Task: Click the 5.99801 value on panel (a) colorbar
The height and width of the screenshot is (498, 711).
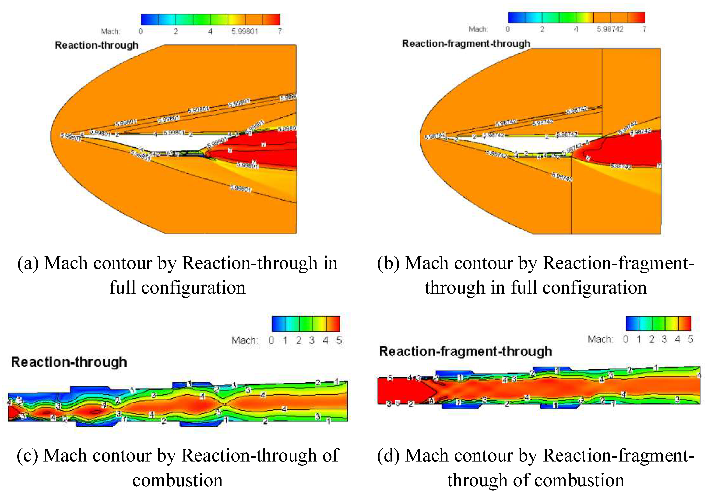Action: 245,31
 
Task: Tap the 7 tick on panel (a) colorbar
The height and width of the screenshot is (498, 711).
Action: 280,31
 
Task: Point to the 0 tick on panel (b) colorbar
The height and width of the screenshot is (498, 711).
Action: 507,29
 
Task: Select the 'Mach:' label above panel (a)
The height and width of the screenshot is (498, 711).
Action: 110,31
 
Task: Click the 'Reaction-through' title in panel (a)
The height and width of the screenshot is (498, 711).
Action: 97,45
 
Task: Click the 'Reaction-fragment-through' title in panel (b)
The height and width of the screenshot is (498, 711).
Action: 466,44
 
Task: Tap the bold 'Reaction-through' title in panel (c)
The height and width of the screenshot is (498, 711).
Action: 69,362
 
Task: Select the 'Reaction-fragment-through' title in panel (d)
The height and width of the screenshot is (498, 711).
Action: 466,351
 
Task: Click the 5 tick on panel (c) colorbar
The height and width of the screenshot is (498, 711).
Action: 339,340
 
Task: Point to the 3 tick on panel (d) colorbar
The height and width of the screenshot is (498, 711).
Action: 664,339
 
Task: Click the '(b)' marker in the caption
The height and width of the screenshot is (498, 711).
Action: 388,263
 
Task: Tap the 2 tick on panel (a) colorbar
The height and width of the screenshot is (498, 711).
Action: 176,31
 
